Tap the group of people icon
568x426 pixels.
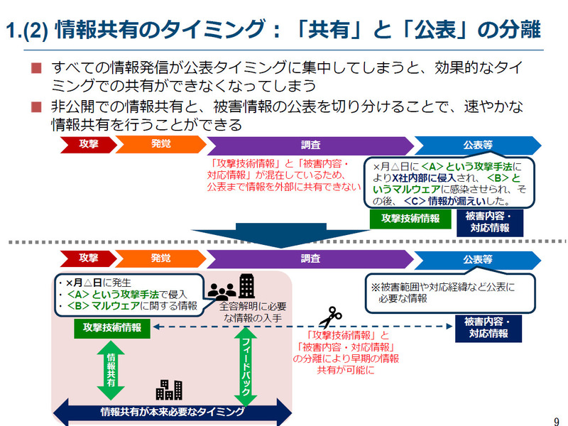[x=222, y=290]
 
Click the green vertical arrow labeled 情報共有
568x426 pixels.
[x=111, y=369]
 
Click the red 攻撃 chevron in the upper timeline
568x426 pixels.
[x=89, y=144]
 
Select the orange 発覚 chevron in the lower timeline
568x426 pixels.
[x=160, y=258]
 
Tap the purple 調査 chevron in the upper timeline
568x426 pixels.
[x=310, y=144]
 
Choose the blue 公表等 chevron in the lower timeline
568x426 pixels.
[x=477, y=259]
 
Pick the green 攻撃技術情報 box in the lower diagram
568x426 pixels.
[x=111, y=327]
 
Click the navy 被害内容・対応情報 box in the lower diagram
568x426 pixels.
[x=488, y=327]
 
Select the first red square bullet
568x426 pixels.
[x=37, y=69]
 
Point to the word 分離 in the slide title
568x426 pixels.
[x=520, y=30]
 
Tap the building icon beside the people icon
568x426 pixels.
[x=246, y=286]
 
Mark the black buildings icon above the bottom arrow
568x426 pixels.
[x=169, y=389]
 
